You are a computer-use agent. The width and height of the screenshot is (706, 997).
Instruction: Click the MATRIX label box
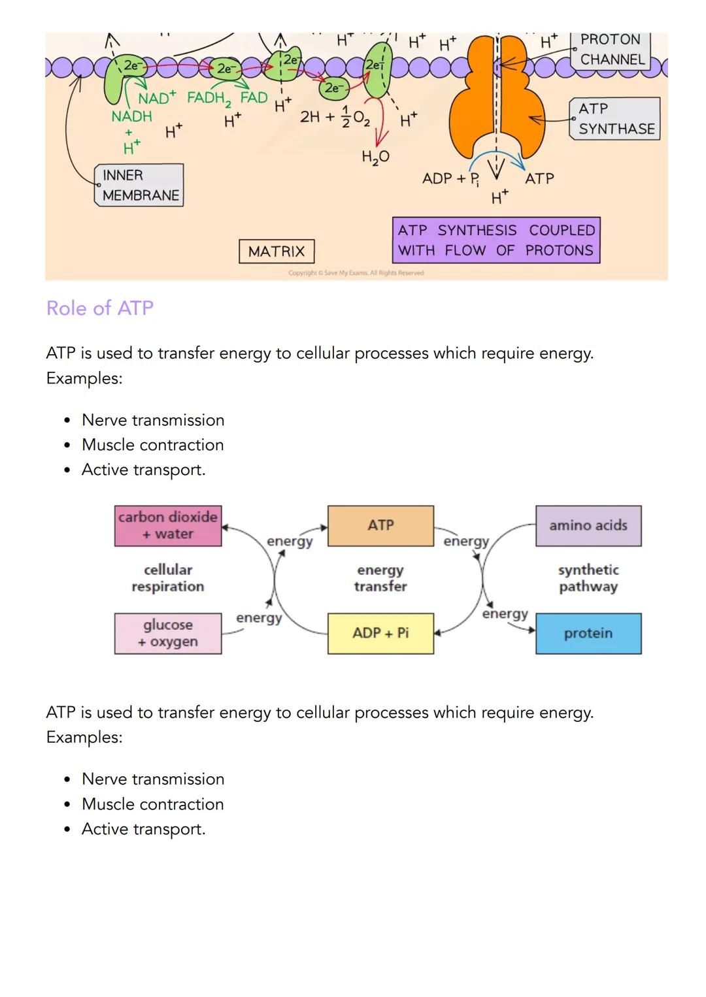pos(277,252)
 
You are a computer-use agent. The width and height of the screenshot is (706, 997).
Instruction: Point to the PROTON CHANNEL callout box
pos(612,50)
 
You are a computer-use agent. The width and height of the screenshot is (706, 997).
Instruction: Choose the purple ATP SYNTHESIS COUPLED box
pos(496,240)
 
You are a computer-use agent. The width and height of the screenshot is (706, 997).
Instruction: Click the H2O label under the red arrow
pos(375,157)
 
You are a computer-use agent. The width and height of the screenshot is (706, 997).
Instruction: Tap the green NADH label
pos(131,116)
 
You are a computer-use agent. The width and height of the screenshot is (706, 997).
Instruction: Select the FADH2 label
pos(209,99)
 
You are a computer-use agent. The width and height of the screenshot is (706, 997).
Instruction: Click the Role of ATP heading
pos(100,308)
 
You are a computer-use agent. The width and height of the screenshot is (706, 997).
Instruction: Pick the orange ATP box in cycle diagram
pos(380,525)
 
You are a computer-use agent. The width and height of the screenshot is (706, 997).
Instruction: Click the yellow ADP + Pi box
pos(380,633)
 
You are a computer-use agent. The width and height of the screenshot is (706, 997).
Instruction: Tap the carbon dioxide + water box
pos(168,525)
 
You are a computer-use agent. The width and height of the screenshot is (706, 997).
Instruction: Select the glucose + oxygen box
pos(168,633)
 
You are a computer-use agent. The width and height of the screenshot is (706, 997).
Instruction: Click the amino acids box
pos(588,525)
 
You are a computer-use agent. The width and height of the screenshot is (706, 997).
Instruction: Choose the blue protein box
pos(588,633)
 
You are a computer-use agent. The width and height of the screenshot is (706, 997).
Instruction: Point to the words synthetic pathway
pos(588,578)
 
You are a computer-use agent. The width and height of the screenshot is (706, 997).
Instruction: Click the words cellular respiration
pos(168,578)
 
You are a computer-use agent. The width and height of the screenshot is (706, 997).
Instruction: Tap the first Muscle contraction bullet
pos(152,445)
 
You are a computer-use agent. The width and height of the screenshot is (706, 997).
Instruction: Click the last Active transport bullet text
pos(143,829)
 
